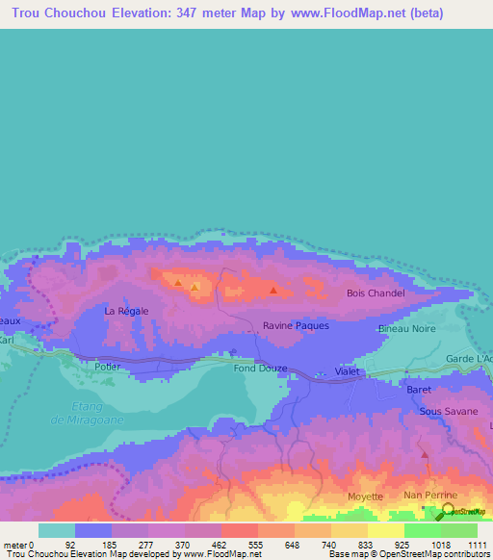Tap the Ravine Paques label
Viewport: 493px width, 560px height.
click(x=296, y=325)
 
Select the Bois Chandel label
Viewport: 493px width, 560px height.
click(x=376, y=293)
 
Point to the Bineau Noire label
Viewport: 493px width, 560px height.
click(x=407, y=329)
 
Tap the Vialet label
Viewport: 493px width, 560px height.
click(x=347, y=370)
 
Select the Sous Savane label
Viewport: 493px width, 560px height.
click(x=448, y=411)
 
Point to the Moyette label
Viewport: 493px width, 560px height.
click(x=365, y=496)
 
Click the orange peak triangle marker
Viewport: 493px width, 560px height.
click(x=195, y=287)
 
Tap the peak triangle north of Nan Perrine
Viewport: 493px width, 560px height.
click(x=424, y=454)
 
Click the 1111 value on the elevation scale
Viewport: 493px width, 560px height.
click(x=479, y=545)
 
